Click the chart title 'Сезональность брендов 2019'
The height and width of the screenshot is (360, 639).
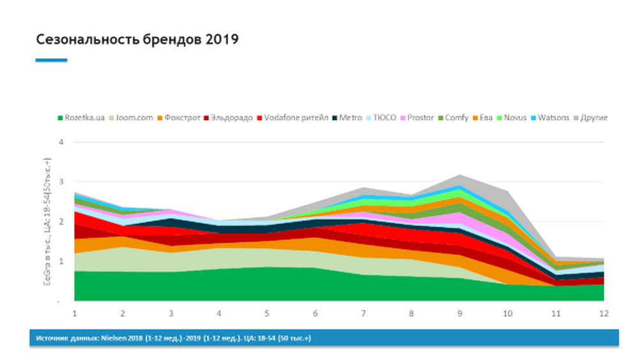pyautogui.click(x=137, y=40)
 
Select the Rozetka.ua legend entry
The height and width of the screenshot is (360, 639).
pyautogui.click(x=84, y=118)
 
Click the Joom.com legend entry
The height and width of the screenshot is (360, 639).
pyautogui.click(x=134, y=118)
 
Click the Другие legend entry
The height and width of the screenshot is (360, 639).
pyautogui.click(x=594, y=118)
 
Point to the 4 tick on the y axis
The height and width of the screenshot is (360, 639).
pyautogui.click(x=61, y=142)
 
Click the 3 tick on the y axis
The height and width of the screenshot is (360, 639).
pyautogui.click(x=61, y=182)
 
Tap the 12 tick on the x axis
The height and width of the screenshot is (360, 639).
pyautogui.click(x=604, y=313)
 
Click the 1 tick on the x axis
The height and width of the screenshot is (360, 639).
pyautogui.click(x=75, y=313)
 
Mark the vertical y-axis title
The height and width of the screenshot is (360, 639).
pyautogui.click(x=47, y=221)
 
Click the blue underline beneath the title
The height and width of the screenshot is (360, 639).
pyautogui.click(x=51, y=60)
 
